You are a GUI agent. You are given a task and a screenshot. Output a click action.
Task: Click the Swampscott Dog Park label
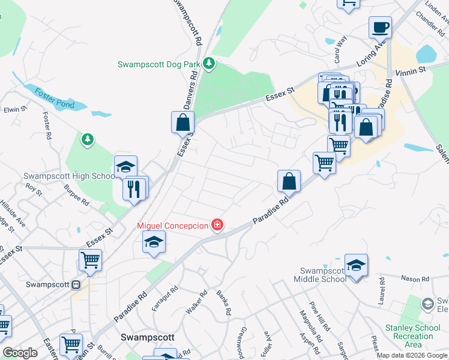pos(158,64)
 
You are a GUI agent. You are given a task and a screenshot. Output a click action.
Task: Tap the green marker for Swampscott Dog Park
pos(208,63)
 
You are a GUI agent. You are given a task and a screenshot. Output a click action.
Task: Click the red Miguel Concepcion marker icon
pos(217,226)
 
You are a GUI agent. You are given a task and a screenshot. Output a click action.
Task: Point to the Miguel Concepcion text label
pos(173,226)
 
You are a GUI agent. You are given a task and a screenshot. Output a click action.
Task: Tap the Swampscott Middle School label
pos(320,275)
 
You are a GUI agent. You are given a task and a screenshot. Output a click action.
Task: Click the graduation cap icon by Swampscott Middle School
pos(356,265)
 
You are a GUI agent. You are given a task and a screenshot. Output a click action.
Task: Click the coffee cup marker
pos(380,28)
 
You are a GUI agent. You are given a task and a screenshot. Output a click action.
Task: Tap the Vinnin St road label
pos(411,71)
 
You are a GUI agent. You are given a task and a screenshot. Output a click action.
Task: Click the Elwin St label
pos(16,110)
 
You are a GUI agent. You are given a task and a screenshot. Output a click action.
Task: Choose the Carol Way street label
pos(340,49)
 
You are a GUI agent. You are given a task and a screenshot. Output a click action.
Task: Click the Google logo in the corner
pos(20,353)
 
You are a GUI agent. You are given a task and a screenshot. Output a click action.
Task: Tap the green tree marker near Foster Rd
pos(88,139)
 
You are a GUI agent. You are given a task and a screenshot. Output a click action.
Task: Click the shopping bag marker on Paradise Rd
pos(289,182)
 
